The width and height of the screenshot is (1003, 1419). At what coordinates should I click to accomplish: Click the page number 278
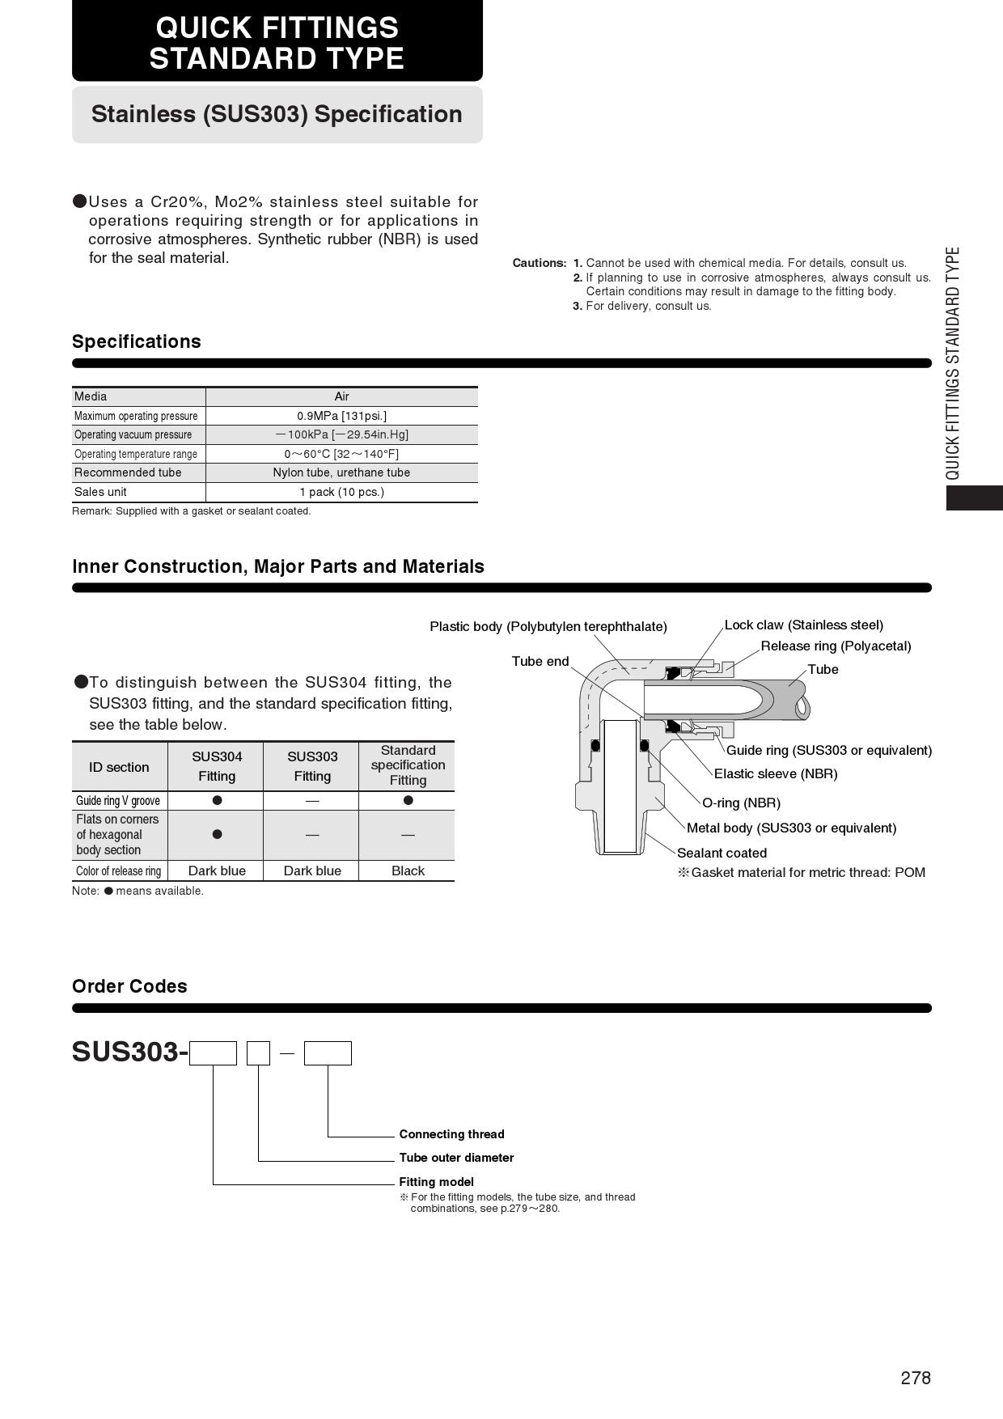pyautogui.click(x=916, y=1378)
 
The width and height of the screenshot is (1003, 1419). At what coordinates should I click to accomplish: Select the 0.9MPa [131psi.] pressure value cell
pyautogui.click(x=341, y=416)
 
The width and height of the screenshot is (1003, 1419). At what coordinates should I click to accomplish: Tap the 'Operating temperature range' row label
pyautogui.click(x=136, y=454)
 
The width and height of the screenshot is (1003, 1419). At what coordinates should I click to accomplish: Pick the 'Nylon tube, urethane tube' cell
pyautogui.click(x=341, y=472)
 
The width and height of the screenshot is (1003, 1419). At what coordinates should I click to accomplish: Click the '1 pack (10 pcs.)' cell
pyautogui.click(x=341, y=492)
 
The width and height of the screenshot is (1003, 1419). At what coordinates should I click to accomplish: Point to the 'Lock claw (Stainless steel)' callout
pyautogui.click(x=803, y=625)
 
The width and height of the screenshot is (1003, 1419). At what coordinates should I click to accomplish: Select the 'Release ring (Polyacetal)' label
pyautogui.click(x=836, y=646)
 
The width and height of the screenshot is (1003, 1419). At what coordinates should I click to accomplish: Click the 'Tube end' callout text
pyautogui.click(x=540, y=661)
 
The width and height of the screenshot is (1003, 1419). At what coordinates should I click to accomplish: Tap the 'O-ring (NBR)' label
pyautogui.click(x=741, y=803)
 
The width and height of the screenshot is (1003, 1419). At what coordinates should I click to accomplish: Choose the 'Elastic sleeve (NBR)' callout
pyautogui.click(x=776, y=773)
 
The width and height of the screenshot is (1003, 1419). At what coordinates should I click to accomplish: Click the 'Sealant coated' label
pyautogui.click(x=722, y=853)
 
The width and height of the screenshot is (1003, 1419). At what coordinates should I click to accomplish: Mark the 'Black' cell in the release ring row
pyautogui.click(x=408, y=870)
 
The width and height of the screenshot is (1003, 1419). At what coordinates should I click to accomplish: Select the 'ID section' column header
pyautogui.click(x=119, y=767)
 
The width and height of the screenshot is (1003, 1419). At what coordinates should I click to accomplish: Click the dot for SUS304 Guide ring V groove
pyautogui.click(x=217, y=800)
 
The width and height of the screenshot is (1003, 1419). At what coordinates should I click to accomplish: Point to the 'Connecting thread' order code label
pyautogui.click(x=451, y=1134)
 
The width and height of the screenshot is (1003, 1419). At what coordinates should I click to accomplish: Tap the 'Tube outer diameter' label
pyautogui.click(x=456, y=1158)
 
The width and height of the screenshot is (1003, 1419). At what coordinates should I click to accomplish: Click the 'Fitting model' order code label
pyautogui.click(x=436, y=1182)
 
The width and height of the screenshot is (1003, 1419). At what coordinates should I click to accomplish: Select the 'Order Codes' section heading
pyautogui.click(x=129, y=986)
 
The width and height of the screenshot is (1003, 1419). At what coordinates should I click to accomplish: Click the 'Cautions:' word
pyautogui.click(x=540, y=263)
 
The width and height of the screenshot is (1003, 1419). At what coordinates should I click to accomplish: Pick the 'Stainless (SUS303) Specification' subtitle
pyautogui.click(x=277, y=114)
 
